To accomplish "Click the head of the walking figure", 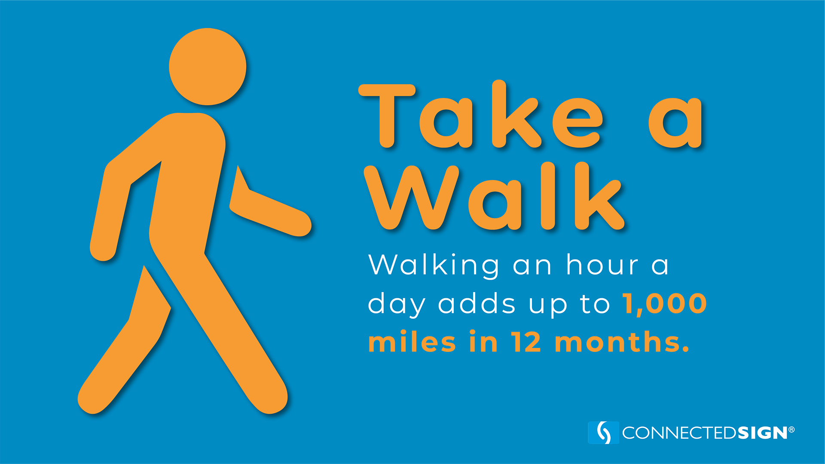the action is (x=208, y=67).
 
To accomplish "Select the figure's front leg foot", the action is (x=269, y=397).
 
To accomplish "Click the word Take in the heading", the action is (x=480, y=115).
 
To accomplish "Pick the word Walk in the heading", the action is (x=494, y=196).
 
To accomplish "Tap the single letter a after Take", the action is (x=675, y=122).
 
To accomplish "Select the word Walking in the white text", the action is (x=434, y=266).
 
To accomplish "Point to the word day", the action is (x=397, y=304).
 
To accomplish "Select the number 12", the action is (x=526, y=342).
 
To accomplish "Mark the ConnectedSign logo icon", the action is (x=603, y=432).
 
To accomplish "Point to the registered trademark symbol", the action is (x=791, y=429).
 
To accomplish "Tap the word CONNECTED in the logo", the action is (x=680, y=433).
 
